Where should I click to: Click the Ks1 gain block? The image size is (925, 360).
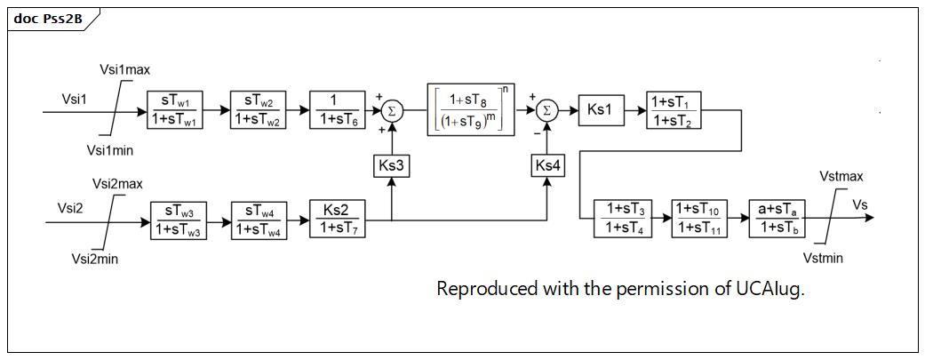tap(602, 110)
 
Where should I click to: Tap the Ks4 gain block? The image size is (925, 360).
tap(547, 167)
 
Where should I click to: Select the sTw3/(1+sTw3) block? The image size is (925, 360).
tap(178, 220)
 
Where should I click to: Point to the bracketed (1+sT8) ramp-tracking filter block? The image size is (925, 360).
tap(471, 109)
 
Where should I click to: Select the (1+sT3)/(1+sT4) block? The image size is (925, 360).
tap(622, 219)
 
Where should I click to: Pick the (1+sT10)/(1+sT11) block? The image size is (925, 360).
tap(699, 219)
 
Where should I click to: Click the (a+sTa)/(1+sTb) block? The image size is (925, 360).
tap(777, 219)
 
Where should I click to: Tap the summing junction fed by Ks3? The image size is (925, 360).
tap(392, 110)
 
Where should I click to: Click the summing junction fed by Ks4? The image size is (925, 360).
tap(548, 110)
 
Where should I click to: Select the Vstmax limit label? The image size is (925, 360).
tap(841, 176)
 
